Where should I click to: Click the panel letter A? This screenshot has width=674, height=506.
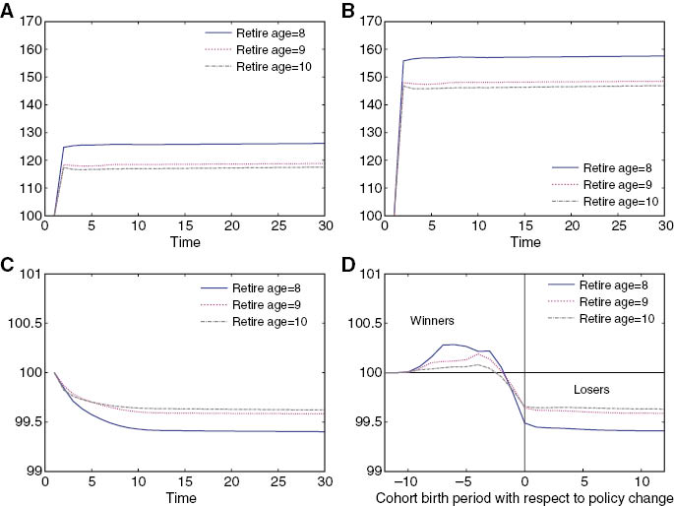7,13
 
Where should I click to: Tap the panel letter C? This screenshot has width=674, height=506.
7,265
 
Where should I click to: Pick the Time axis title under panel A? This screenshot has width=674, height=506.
183,241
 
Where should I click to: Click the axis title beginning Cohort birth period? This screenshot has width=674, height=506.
524,496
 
